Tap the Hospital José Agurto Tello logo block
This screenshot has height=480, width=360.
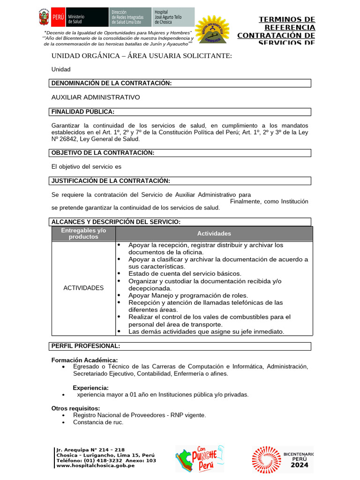coord(173,16)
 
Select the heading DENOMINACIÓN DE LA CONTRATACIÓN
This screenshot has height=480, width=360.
coord(112,83)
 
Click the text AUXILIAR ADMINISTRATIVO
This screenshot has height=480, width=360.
coord(96,97)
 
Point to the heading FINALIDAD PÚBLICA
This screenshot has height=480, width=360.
coord(83,112)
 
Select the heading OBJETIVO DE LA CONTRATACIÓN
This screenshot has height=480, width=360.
coord(103,153)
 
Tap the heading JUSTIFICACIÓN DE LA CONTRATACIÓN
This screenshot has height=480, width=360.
coord(111,181)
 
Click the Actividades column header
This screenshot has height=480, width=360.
coord(214,233)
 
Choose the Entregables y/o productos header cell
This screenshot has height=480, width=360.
coord(84,233)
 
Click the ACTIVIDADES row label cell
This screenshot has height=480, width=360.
coord(83,288)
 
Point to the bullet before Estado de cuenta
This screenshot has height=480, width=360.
coord(119,273)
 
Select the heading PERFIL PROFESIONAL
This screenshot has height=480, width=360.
coord(86,346)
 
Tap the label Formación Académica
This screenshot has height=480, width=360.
coord(84,360)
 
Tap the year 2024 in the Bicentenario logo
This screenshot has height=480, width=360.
coord(299,465)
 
